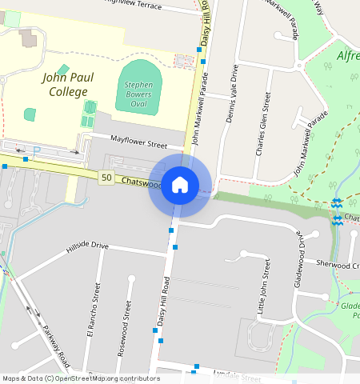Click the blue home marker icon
point(180,185)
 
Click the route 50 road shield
point(106,178)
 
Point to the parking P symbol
point(36,150)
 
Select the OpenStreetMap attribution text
point(81,378)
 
